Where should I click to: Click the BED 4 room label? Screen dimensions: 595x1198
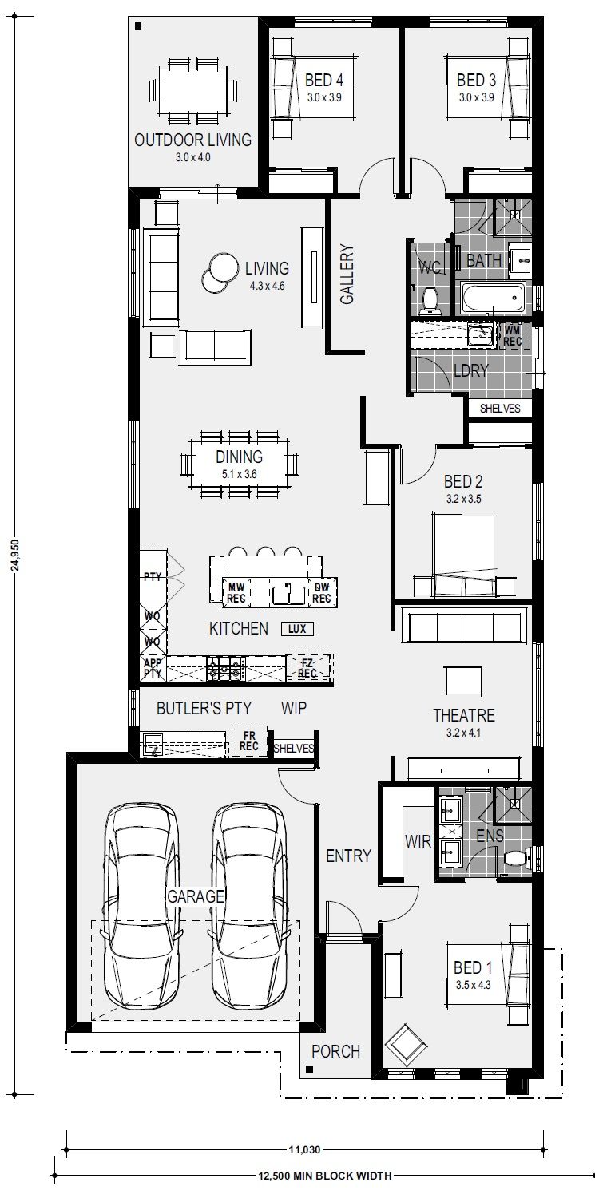click(323, 81)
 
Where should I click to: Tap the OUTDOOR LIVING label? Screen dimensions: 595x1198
click(192, 140)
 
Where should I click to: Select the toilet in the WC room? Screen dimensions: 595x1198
click(429, 301)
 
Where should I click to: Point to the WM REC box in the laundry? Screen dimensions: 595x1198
click(512, 336)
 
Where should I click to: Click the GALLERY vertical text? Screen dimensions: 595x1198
click(347, 275)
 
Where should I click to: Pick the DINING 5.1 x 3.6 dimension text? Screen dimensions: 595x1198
click(239, 474)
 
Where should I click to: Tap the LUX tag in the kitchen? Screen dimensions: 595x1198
click(297, 629)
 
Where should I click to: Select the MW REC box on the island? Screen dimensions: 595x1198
click(236, 593)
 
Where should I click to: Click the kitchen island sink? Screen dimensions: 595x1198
click(288, 595)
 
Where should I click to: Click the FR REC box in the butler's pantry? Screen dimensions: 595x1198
click(249, 741)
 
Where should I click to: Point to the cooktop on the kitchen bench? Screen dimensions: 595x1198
click(226, 668)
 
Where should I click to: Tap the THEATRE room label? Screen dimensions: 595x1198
click(464, 716)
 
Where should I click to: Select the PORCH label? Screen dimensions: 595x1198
click(335, 1051)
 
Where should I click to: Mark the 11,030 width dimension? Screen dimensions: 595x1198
click(304, 1149)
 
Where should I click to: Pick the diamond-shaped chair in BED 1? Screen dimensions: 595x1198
click(406, 1043)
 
